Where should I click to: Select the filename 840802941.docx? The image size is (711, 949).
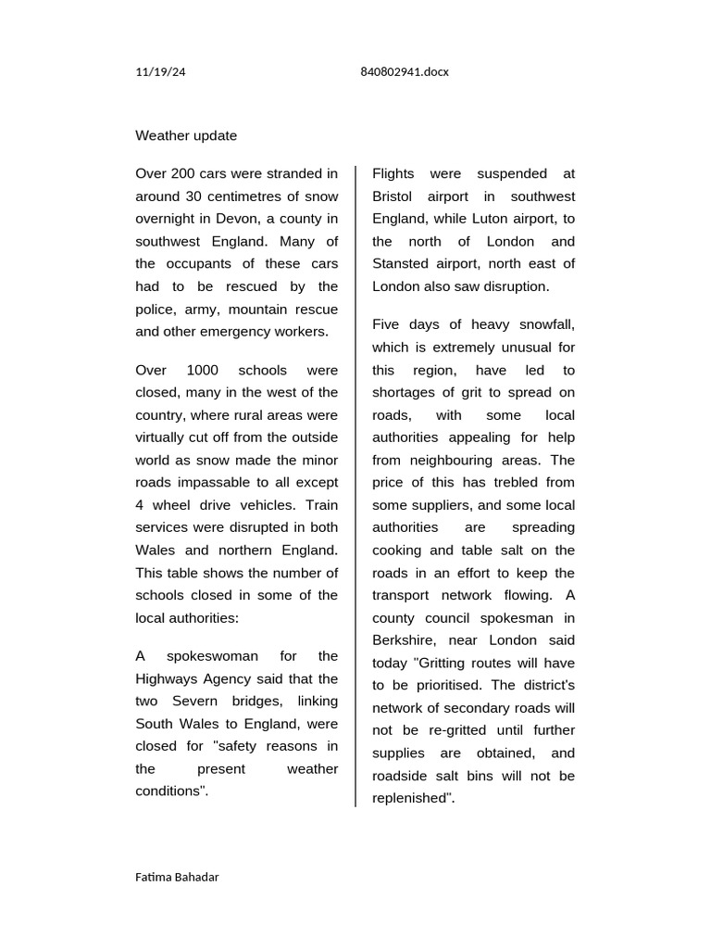pos(404,72)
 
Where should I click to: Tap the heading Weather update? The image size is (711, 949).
pos(186,136)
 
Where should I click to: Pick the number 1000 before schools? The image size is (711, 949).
pos(202,370)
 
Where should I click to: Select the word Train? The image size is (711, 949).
pos(321,505)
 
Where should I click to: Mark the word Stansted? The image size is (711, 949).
pos(404,264)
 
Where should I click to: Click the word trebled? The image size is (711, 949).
pos(507,483)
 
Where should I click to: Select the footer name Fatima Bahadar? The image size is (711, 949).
pos(177,877)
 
